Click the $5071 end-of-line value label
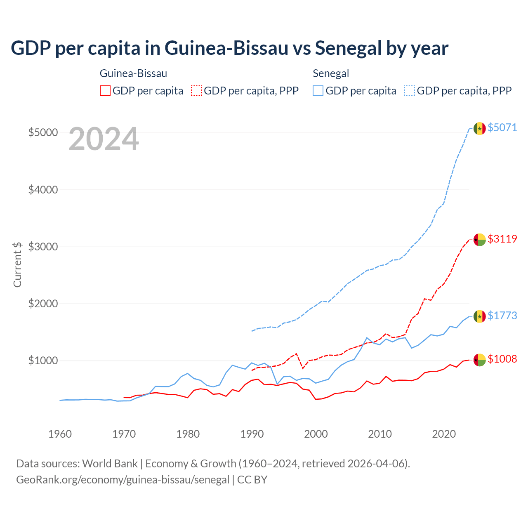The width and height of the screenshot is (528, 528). coord(502,127)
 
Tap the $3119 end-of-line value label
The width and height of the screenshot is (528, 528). coord(502,239)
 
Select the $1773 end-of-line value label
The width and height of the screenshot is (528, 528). coord(502,316)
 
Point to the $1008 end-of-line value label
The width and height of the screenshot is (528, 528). coord(502,359)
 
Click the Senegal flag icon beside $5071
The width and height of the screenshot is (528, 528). coord(479,128)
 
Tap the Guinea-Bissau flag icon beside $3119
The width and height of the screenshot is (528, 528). coord(479,240)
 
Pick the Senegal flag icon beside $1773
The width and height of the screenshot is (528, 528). coord(479,316)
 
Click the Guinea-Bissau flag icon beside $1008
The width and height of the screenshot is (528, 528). coord(479,360)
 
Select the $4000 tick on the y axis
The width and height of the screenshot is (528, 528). coord(43,190)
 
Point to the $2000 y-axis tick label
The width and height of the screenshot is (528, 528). coord(43,304)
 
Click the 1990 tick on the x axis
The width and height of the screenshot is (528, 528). coord(252,434)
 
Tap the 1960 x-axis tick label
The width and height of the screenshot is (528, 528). coord(60,434)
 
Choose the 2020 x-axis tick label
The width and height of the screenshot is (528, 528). coord(444,434)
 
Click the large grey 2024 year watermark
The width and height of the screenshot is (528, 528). coord(104,139)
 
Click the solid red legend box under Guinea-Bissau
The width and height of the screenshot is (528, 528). coord(105,91)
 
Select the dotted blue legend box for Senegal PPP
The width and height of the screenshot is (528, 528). coord(410,91)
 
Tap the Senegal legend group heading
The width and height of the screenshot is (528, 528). coord(331,74)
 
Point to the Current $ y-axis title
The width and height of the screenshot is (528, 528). coord(17,264)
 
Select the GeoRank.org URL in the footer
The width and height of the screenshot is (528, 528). coord(123,480)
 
